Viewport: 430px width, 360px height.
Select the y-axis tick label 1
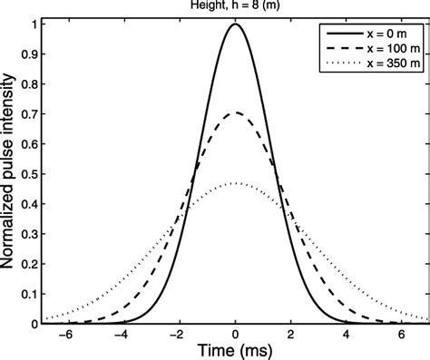click(34, 24)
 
